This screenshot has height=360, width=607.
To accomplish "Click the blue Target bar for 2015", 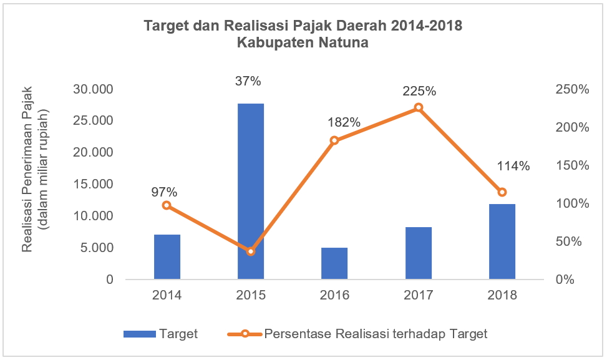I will tap(251, 191).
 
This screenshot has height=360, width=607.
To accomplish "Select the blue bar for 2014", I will tap(167, 256).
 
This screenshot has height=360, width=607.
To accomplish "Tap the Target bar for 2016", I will tap(334, 263).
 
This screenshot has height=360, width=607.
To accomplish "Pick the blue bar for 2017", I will tap(418, 253).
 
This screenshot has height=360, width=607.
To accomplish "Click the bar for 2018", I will tap(502, 241).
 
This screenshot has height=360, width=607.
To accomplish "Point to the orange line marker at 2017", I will tap(418, 107).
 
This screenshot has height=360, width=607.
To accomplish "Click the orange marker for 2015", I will tap(251, 251).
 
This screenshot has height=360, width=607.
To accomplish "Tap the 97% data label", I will tap(165, 192).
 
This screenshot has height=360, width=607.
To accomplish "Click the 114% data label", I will tap(513, 166).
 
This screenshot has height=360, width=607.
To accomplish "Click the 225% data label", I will tap(419, 90).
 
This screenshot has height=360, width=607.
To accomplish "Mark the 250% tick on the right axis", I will tap(572, 89).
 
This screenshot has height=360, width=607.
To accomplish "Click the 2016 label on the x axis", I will tap(334, 295).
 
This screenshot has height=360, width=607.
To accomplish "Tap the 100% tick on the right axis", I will tap(572, 203).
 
